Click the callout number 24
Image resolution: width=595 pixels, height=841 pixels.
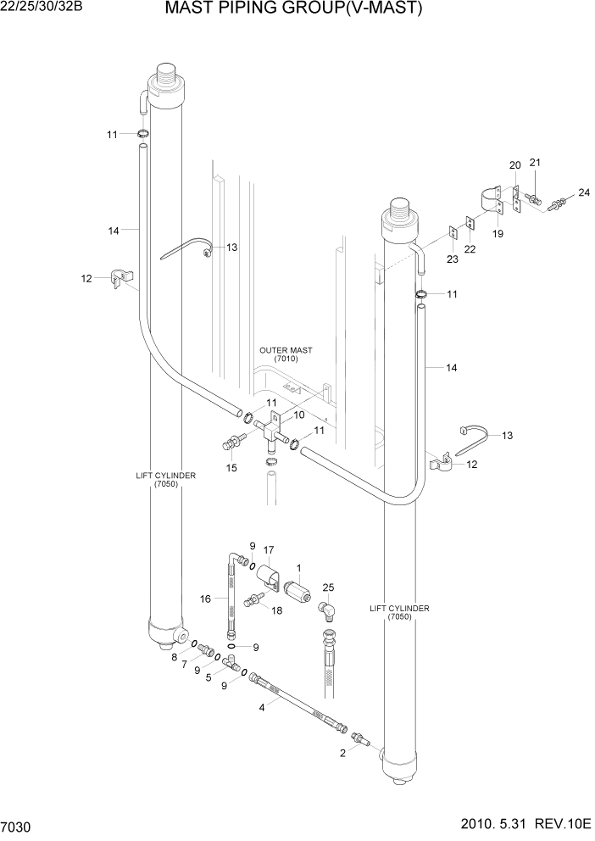(x=583, y=193)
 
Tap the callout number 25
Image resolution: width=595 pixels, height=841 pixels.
(x=329, y=588)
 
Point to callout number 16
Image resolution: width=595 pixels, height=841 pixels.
(x=205, y=599)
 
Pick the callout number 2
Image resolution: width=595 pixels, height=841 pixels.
(x=342, y=752)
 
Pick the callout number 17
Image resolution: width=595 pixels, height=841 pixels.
(x=269, y=549)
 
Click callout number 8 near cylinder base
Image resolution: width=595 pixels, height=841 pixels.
(x=175, y=656)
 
